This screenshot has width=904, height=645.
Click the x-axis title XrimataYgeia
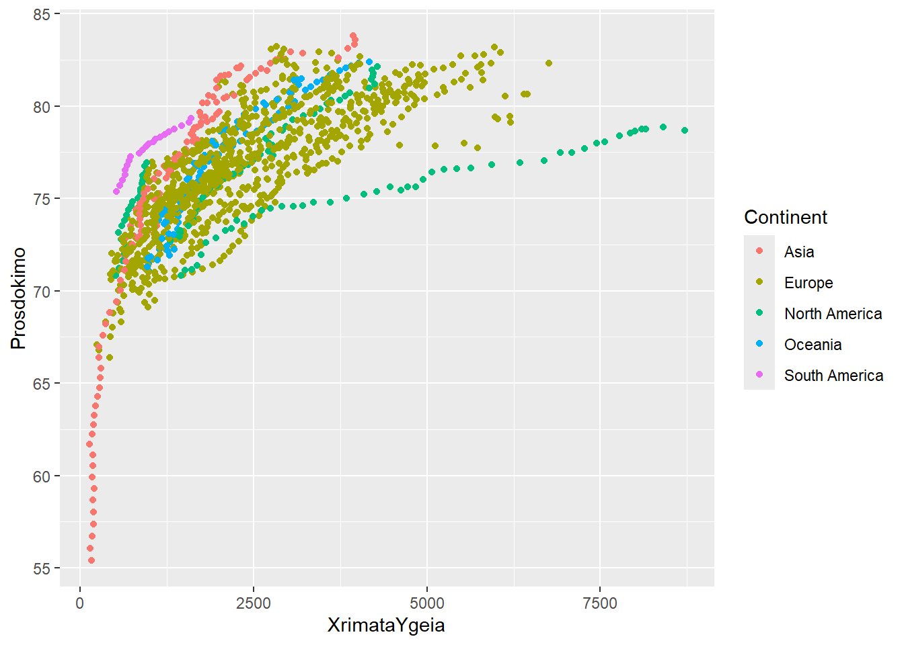click(x=386, y=626)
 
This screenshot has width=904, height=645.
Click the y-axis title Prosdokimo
click(x=18, y=298)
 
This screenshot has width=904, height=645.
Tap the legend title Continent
click(x=785, y=217)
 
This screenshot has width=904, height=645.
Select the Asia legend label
click(x=799, y=252)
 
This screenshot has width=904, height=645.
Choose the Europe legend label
click(x=808, y=283)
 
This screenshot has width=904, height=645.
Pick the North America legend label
click(x=833, y=314)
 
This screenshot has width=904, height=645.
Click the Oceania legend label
click(x=813, y=345)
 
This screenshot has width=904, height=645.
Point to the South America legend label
click(x=833, y=376)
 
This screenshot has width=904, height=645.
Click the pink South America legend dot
click(x=759, y=375)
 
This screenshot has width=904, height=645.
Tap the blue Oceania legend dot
click(x=759, y=344)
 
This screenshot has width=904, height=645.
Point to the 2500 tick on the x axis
click(x=254, y=603)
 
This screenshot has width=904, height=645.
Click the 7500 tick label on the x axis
click(x=600, y=603)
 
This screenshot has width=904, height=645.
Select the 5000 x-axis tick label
click(x=426, y=603)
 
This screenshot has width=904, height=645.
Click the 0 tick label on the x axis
click(x=80, y=603)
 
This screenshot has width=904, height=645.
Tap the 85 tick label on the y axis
click(x=42, y=14)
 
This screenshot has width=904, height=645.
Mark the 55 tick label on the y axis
click(x=42, y=568)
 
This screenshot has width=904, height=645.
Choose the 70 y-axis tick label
click(x=42, y=292)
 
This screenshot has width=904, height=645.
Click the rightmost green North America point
click(x=685, y=130)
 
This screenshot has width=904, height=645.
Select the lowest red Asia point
click(x=91, y=560)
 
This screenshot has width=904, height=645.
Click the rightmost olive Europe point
click(x=549, y=63)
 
